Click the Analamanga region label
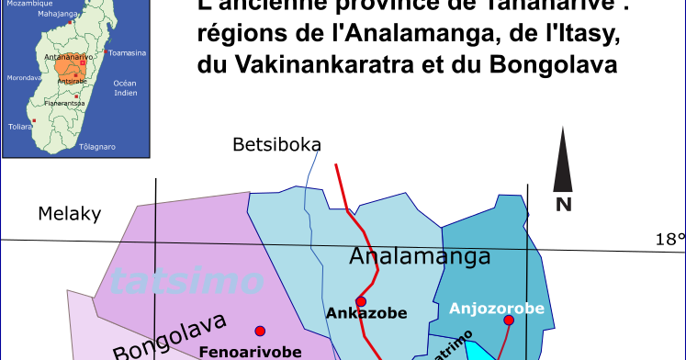pyautogui.click(x=420, y=257)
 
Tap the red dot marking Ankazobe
pyautogui.click(x=361, y=301)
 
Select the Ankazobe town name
pyautogui.click(x=366, y=314)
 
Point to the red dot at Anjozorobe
pyautogui.click(x=509, y=320)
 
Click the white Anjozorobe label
pyautogui.click(x=496, y=309)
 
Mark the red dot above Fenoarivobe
pyautogui.click(x=260, y=331)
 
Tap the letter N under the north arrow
pyautogui.click(x=563, y=204)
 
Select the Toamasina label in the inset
pyautogui.click(x=127, y=53)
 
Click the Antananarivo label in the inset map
pyautogui.click(x=70, y=57)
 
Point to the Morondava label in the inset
pyautogui.click(x=25, y=78)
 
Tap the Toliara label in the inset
pyautogui.click(x=19, y=127)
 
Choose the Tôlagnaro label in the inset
pyautogui.click(x=97, y=147)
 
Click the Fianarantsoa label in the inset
pyautogui.click(x=64, y=103)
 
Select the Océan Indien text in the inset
pyautogui.click(x=125, y=88)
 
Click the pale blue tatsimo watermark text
pyautogui.click(x=185, y=280)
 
